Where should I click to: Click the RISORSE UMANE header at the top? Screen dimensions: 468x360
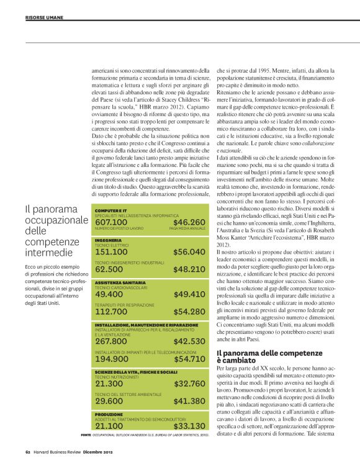point(44,17)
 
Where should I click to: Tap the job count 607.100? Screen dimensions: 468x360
point(110,222)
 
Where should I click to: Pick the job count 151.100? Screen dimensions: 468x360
point(110,251)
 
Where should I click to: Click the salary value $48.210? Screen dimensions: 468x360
point(189,269)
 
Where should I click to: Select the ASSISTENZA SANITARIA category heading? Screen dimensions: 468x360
point(120,282)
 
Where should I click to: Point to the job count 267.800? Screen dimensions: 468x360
point(110,341)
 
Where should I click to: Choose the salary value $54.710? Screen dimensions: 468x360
point(189,359)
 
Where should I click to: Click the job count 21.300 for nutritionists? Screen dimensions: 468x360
point(108,384)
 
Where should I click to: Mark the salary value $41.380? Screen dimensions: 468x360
point(189,401)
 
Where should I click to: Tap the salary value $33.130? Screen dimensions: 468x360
point(189,426)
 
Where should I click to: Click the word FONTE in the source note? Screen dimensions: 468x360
point(86,434)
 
